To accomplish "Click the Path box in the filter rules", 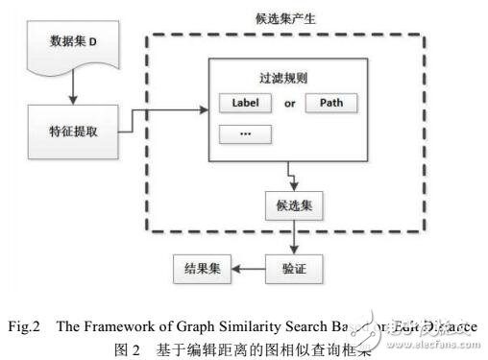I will click(x=331, y=102).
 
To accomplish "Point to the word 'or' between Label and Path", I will click(x=285, y=102).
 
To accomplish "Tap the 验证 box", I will click(x=292, y=266).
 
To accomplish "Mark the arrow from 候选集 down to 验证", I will click(x=292, y=236).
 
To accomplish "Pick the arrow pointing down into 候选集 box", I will click(x=292, y=184).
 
